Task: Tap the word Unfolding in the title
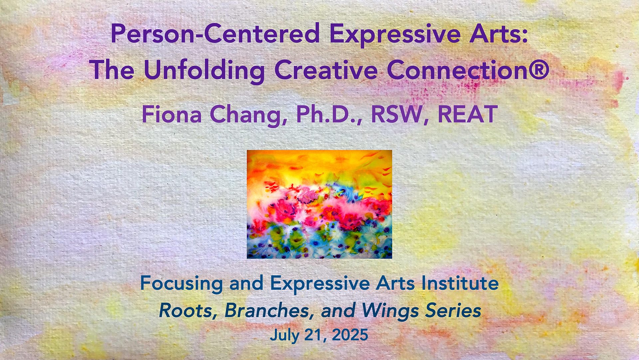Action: point(204,70)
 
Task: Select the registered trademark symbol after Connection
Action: point(538,70)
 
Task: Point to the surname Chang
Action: point(248,115)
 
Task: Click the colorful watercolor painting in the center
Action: point(319,204)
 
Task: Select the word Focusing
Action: point(181,284)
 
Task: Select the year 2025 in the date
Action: point(350,335)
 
